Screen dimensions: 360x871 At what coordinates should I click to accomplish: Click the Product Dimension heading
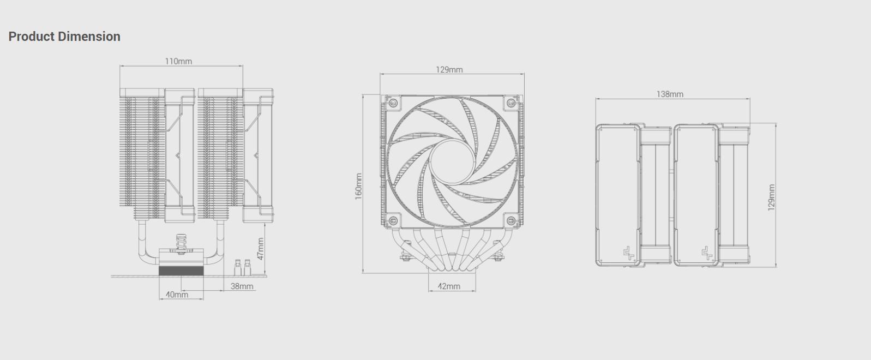(x=64, y=37)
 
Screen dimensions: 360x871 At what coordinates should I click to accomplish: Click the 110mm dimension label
(x=178, y=61)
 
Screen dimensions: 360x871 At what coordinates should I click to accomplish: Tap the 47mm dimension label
(x=260, y=248)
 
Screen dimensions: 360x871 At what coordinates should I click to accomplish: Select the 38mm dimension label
(x=242, y=286)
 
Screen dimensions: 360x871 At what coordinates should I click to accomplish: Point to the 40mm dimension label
(x=177, y=295)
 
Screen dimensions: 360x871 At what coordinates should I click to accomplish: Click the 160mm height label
(x=358, y=186)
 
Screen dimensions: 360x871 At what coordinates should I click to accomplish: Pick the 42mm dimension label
(x=449, y=286)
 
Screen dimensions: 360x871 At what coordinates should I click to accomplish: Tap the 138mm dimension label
(x=670, y=94)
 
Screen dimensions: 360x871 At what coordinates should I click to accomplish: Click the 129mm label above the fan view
(x=449, y=69)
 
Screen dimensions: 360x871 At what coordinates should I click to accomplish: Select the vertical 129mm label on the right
(x=771, y=197)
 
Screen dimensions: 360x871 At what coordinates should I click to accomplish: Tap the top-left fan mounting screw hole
(x=392, y=103)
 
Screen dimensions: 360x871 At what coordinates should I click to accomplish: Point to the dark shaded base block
(x=181, y=271)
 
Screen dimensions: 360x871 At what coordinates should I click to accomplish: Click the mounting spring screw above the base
(x=181, y=242)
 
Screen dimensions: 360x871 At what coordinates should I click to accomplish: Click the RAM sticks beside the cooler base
(x=242, y=267)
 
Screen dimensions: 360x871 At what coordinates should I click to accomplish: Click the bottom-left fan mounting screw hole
(x=392, y=220)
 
